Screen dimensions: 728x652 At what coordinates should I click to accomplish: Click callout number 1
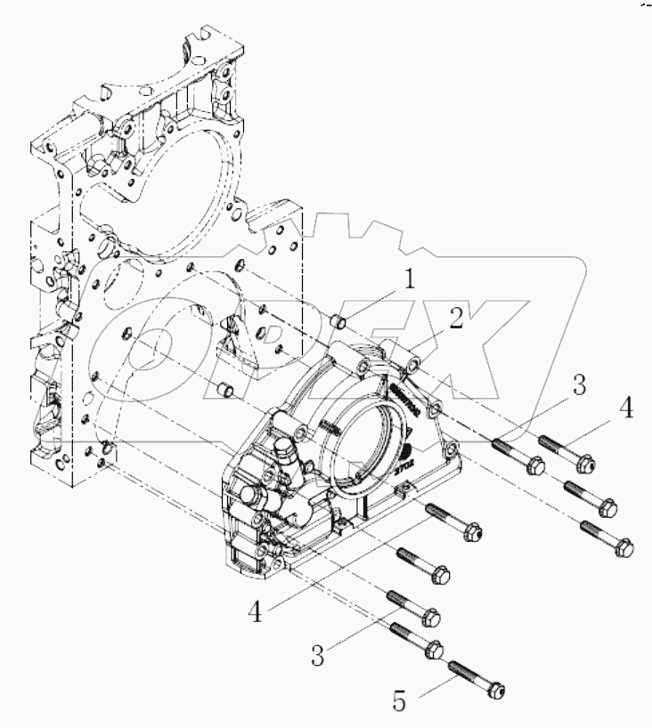[408, 279]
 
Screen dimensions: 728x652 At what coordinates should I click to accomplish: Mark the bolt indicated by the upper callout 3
[514, 452]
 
